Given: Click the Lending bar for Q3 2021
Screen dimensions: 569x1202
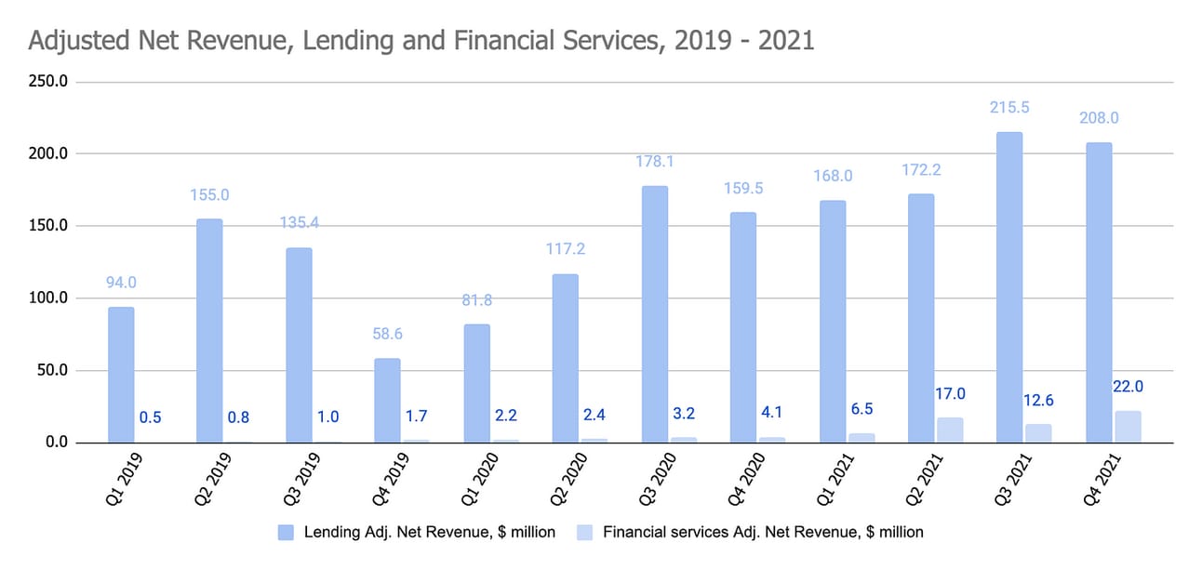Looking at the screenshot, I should click(x=1008, y=287).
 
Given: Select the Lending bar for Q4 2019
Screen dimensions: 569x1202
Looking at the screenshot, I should click(x=387, y=401).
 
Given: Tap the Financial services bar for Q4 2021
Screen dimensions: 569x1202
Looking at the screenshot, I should click(x=1127, y=427).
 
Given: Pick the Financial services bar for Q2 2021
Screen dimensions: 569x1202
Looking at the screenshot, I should click(x=948, y=430).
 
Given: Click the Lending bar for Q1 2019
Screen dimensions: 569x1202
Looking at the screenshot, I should click(x=121, y=375).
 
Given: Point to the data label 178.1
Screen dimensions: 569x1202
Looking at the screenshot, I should click(x=654, y=162).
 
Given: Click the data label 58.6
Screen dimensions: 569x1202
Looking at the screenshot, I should click(x=387, y=334).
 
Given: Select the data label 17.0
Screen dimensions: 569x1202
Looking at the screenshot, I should click(x=949, y=393).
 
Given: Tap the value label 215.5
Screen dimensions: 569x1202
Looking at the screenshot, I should click(x=1009, y=108).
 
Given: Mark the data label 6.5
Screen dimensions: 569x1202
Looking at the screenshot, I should click(x=861, y=408).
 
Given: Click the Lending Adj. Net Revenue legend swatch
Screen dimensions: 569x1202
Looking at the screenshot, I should click(x=287, y=532).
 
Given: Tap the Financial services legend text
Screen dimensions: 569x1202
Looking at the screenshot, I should click(x=763, y=532).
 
